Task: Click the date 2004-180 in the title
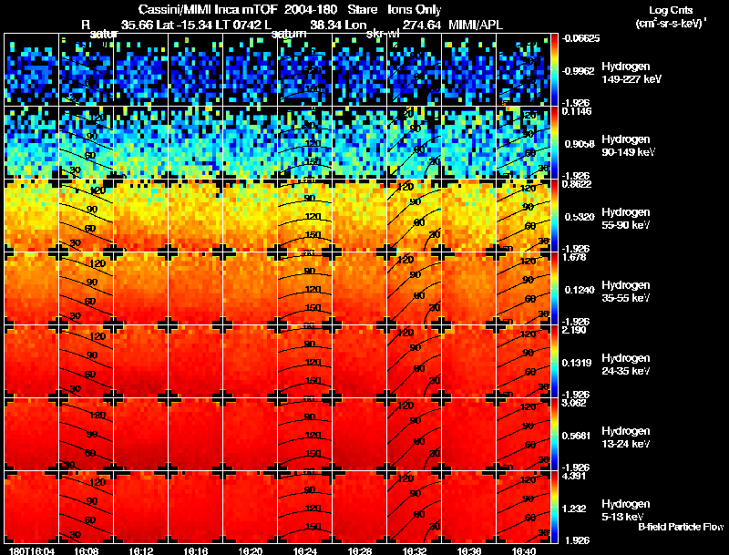312,9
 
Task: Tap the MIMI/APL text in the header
474,25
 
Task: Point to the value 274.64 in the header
422,25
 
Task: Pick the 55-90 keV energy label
628,225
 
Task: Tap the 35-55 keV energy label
628,298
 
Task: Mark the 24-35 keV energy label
628,371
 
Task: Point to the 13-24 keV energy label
628,444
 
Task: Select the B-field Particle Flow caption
680,528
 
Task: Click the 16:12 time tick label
141,550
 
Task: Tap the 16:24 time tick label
305,550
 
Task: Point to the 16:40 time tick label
523,550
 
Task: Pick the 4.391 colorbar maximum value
573,477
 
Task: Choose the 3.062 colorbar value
573,404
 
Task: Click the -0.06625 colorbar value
578,38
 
